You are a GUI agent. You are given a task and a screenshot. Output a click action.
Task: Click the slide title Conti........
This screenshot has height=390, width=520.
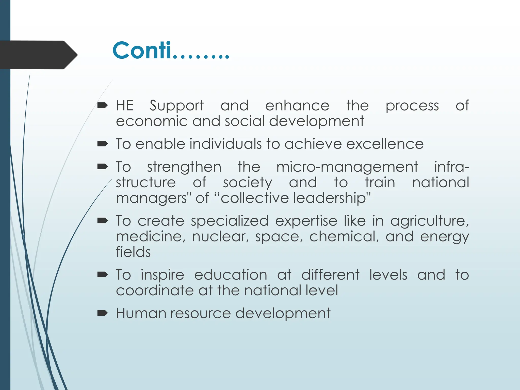coord(171,51)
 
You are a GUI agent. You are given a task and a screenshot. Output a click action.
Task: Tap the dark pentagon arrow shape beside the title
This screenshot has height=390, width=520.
coord(38,55)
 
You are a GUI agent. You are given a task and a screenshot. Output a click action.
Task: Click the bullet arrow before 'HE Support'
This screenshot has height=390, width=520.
coord(103,105)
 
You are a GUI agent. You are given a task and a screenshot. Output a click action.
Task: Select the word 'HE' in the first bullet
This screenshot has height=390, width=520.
coord(125,105)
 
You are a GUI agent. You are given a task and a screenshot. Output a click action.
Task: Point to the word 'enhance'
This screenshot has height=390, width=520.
coord(297,106)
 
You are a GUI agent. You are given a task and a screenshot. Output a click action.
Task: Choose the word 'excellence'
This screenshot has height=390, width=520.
coord(385,144)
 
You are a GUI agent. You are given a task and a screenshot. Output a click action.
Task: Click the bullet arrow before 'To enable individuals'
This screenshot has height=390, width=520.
coord(103,144)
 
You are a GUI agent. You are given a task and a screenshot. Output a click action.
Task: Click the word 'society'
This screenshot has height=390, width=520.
coord(247,183)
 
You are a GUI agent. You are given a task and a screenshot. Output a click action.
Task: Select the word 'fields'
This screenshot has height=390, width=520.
coord(133,252)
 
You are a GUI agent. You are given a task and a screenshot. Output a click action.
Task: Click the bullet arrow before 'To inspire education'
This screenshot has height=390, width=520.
coord(103,275)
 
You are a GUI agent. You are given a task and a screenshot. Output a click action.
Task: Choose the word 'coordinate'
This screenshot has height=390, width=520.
coord(155,290)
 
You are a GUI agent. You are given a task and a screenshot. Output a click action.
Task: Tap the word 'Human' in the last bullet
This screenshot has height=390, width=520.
coord(141,313)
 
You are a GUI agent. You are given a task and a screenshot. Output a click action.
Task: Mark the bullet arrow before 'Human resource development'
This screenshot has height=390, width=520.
coord(103,313)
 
